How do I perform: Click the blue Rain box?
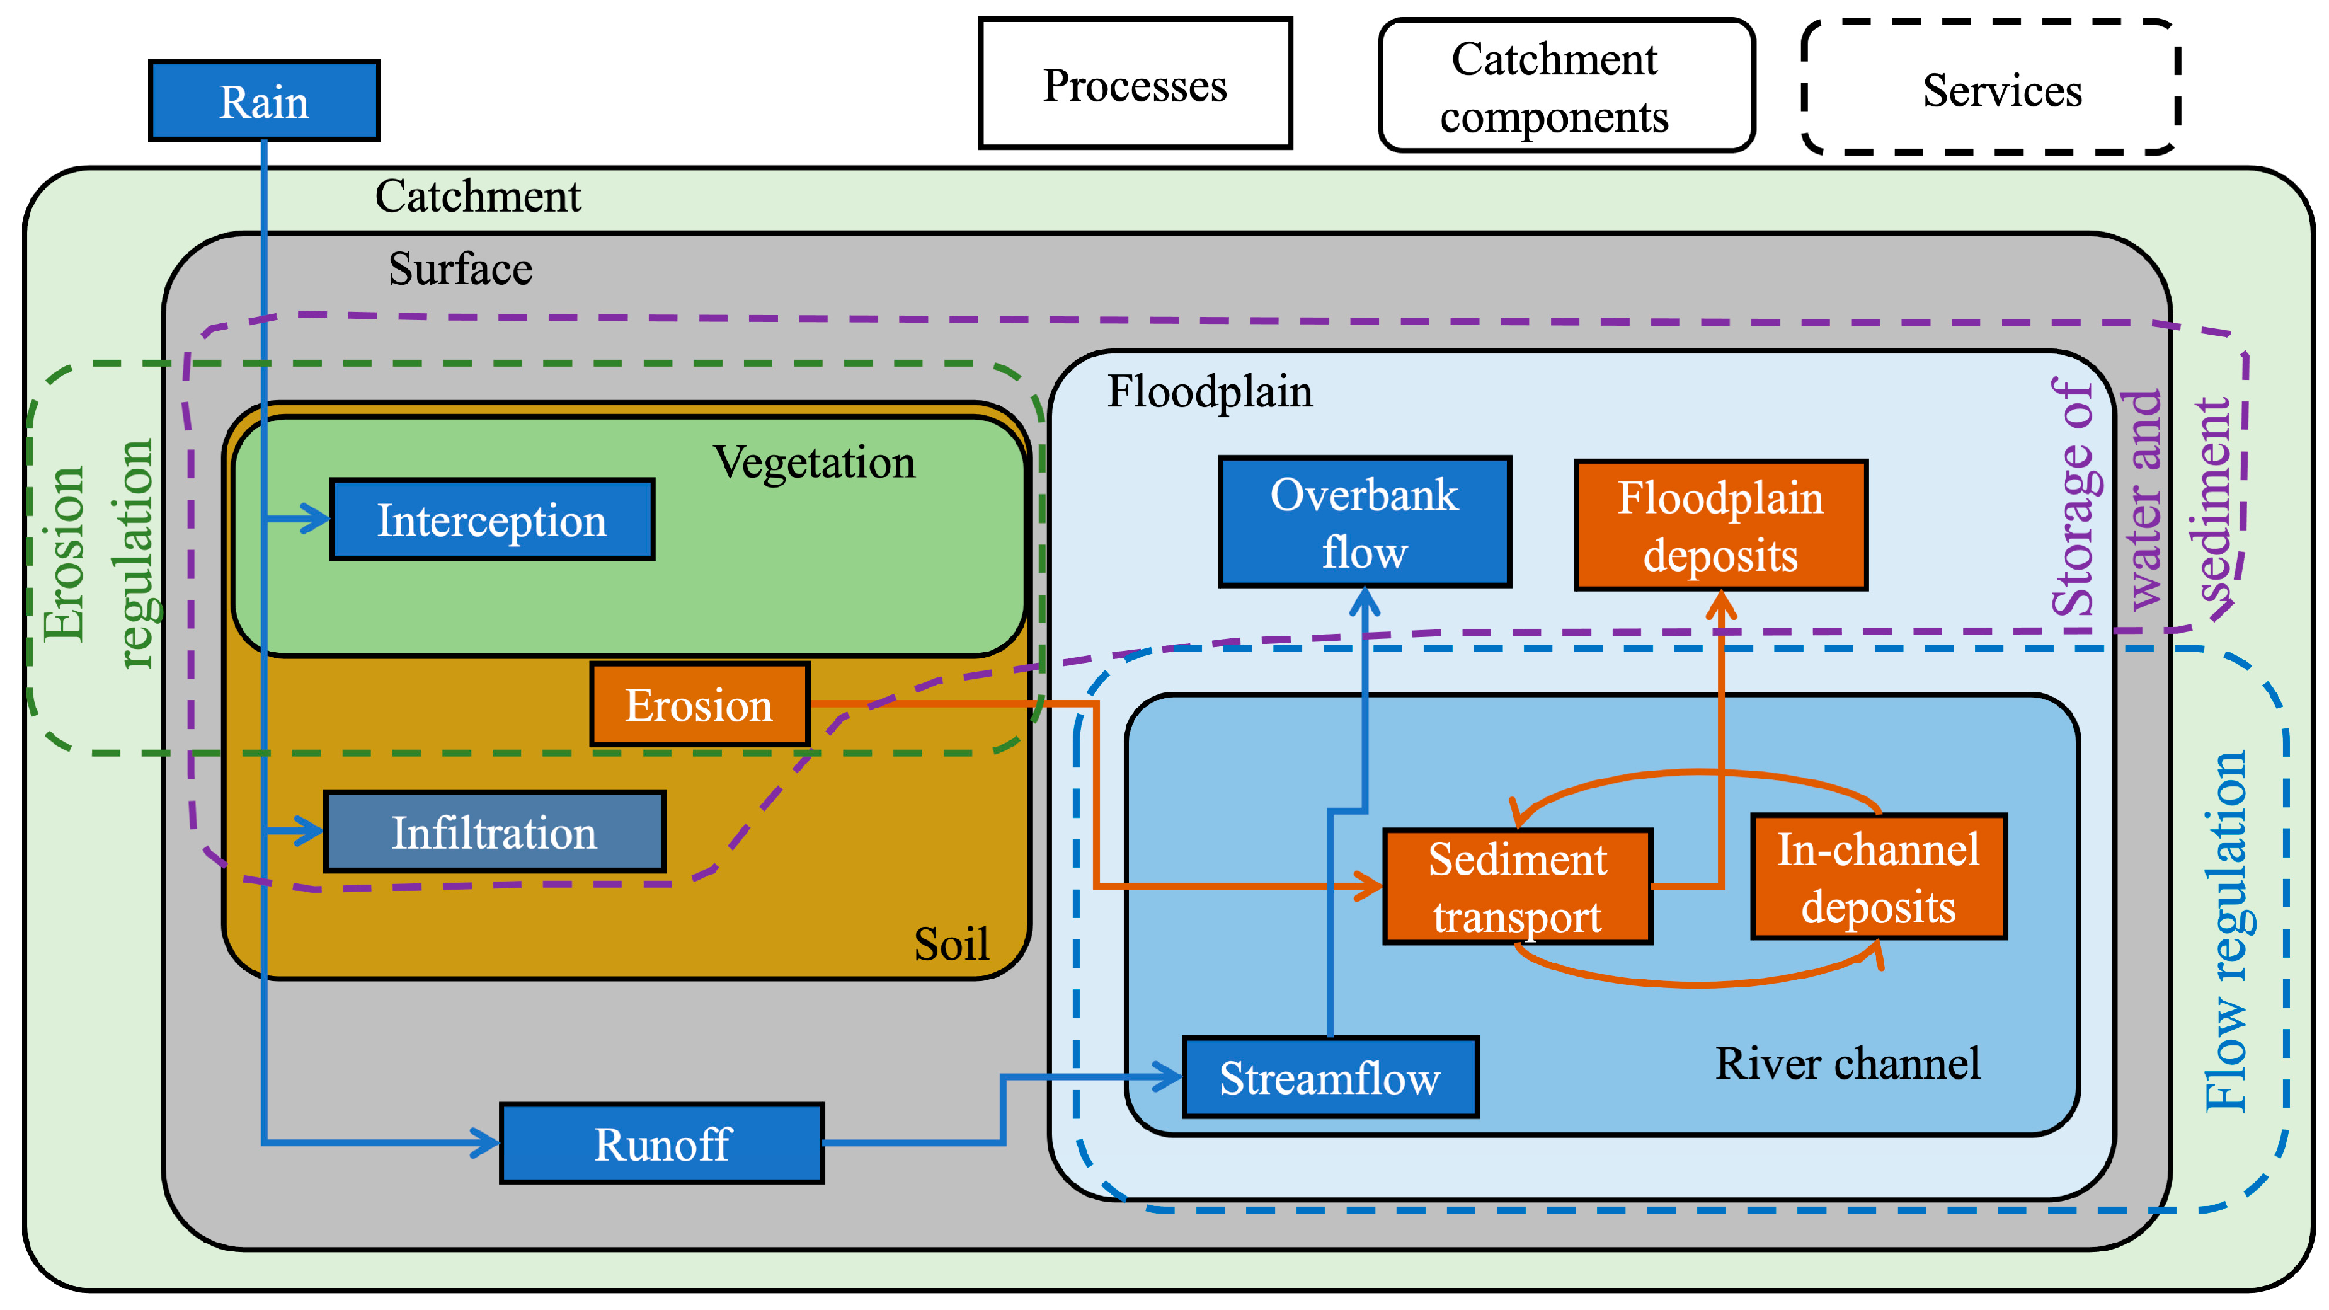(x=264, y=101)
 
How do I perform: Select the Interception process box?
(x=492, y=520)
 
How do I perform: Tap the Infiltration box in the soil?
(x=495, y=832)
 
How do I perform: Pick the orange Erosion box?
(x=699, y=705)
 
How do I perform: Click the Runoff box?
(x=662, y=1144)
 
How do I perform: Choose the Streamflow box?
(x=1330, y=1077)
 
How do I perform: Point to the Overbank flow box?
(x=1365, y=522)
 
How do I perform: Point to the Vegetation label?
(x=814, y=462)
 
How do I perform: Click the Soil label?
(x=951, y=944)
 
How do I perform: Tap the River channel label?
(x=1847, y=1063)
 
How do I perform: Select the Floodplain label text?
(x=1210, y=391)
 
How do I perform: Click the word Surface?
(x=461, y=268)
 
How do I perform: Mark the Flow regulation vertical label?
(x=2226, y=931)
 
